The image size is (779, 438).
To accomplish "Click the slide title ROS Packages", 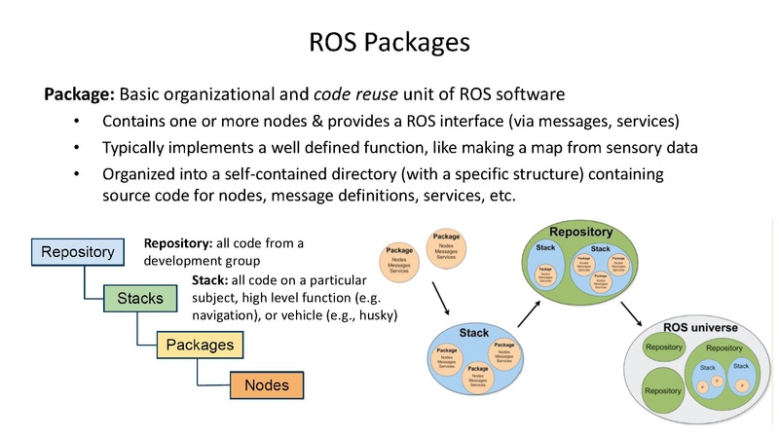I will [x=389, y=43].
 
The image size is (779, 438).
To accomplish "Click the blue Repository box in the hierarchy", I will [x=77, y=251].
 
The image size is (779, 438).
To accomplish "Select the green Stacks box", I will [x=139, y=297].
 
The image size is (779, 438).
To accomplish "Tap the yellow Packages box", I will [x=200, y=344].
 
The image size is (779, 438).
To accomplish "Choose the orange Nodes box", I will [x=266, y=385].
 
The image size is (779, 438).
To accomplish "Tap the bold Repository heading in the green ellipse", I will [x=580, y=232].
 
